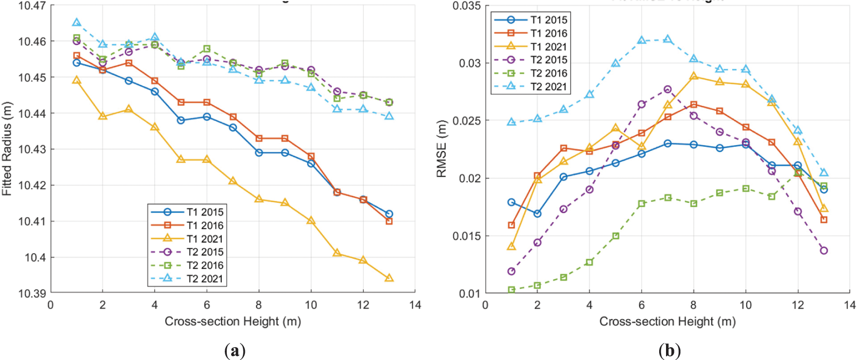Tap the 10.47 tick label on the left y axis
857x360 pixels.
point(32,6)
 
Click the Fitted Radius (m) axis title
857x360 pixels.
point(7,148)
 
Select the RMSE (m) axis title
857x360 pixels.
point(442,148)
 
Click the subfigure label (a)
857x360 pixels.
point(235,351)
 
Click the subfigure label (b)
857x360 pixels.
point(669,351)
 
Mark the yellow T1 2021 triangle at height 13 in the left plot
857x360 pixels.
point(389,278)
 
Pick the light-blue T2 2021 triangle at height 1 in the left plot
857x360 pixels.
point(76,23)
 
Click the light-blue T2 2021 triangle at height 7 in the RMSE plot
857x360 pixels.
point(667,39)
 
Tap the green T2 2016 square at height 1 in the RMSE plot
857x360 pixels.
point(511,290)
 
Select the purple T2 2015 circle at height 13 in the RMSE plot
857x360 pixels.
point(824,251)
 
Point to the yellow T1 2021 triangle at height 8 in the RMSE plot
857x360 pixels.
point(693,76)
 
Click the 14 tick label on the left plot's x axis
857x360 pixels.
point(415,305)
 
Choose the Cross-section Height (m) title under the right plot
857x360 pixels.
point(667,321)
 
